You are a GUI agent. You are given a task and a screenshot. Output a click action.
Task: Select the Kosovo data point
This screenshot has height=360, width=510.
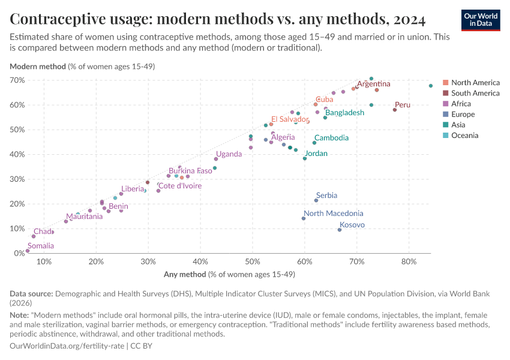pyautogui.click(x=340, y=230)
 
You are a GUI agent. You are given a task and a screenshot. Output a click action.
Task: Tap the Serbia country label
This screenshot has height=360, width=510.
pyautogui.click(x=326, y=196)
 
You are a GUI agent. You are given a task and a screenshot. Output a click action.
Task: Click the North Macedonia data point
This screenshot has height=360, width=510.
pyautogui.click(x=304, y=218)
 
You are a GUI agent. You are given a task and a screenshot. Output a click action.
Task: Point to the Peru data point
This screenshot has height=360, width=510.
pyautogui.click(x=395, y=110)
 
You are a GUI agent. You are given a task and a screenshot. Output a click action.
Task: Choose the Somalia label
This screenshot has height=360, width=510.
pyautogui.click(x=41, y=246)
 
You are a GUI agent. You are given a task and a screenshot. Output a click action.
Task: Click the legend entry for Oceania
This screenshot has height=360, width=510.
pyautogui.click(x=465, y=136)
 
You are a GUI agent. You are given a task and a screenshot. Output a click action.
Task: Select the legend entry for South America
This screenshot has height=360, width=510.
pyautogui.click(x=475, y=93)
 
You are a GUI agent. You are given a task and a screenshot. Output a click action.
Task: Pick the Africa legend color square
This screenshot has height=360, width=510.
pyautogui.click(x=446, y=104)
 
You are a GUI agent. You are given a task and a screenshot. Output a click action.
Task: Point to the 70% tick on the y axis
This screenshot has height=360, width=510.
pyautogui.click(x=17, y=80)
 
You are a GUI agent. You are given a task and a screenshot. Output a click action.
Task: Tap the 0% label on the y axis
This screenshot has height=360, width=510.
pyautogui.click(x=19, y=253)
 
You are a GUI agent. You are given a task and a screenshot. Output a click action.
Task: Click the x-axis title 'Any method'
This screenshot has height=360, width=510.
pyautogui.click(x=185, y=275)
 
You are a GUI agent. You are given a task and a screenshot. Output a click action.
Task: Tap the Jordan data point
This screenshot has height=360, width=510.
pyautogui.click(x=305, y=158)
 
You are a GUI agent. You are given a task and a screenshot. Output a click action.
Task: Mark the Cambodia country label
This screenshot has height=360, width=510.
pyautogui.click(x=331, y=138)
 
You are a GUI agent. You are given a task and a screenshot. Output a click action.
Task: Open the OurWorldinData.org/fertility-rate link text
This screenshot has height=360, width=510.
pyautogui.click(x=67, y=347)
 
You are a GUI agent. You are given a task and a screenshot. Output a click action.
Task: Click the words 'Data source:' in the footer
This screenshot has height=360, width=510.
pyautogui.click(x=31, y=294)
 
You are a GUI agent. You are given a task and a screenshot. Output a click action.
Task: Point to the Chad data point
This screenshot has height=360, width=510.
pyautogui.click(x=34, y=236)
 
